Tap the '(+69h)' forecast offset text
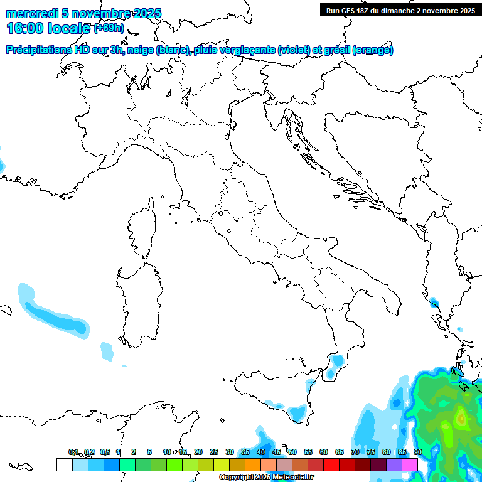tap(109, 28)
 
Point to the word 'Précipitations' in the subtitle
tap(38, 50)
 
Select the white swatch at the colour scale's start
tap(64, 464)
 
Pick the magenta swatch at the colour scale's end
tap(410, 464)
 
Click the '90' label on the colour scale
tap(418, 452)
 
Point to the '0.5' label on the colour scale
tap(105, 452)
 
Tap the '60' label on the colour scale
tap(324, 452)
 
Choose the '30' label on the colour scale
tap(230, 452)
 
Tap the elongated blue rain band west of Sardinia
tap(53, 313)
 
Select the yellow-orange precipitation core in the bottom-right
tap(461, 416)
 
